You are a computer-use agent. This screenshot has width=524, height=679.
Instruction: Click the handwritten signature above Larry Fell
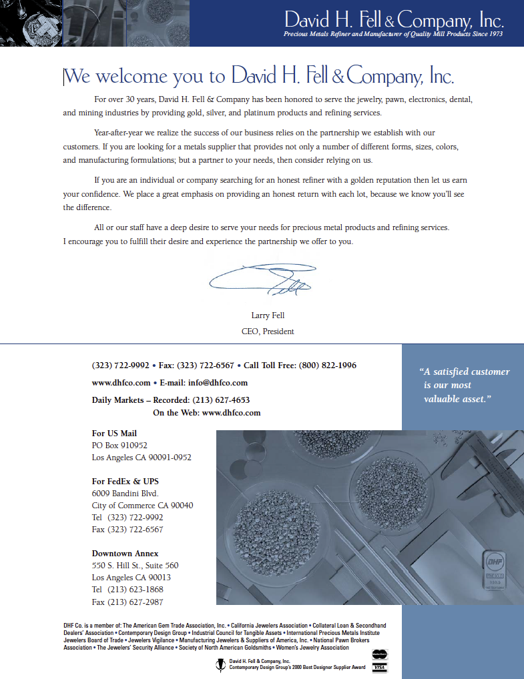264,279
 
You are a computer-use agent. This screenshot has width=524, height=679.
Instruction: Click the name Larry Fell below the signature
268,315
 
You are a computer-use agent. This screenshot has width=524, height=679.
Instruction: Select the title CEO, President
268,331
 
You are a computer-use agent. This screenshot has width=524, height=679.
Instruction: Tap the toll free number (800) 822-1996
328,366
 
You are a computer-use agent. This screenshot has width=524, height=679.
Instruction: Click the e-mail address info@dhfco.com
218,383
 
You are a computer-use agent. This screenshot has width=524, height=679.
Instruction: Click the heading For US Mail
114,434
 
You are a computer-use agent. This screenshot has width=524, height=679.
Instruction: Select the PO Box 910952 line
119,446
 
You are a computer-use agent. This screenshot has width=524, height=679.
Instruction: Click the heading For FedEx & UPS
125,482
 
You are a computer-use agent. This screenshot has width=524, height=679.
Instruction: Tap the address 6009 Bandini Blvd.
125,494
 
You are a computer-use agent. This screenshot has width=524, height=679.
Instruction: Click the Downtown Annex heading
125,554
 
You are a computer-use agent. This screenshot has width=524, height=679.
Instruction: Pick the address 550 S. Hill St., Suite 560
135,566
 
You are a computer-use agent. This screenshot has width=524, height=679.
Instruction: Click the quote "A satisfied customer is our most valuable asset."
463,386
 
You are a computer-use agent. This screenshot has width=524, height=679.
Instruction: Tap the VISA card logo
380,668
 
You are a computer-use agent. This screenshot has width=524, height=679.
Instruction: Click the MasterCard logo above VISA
380,655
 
